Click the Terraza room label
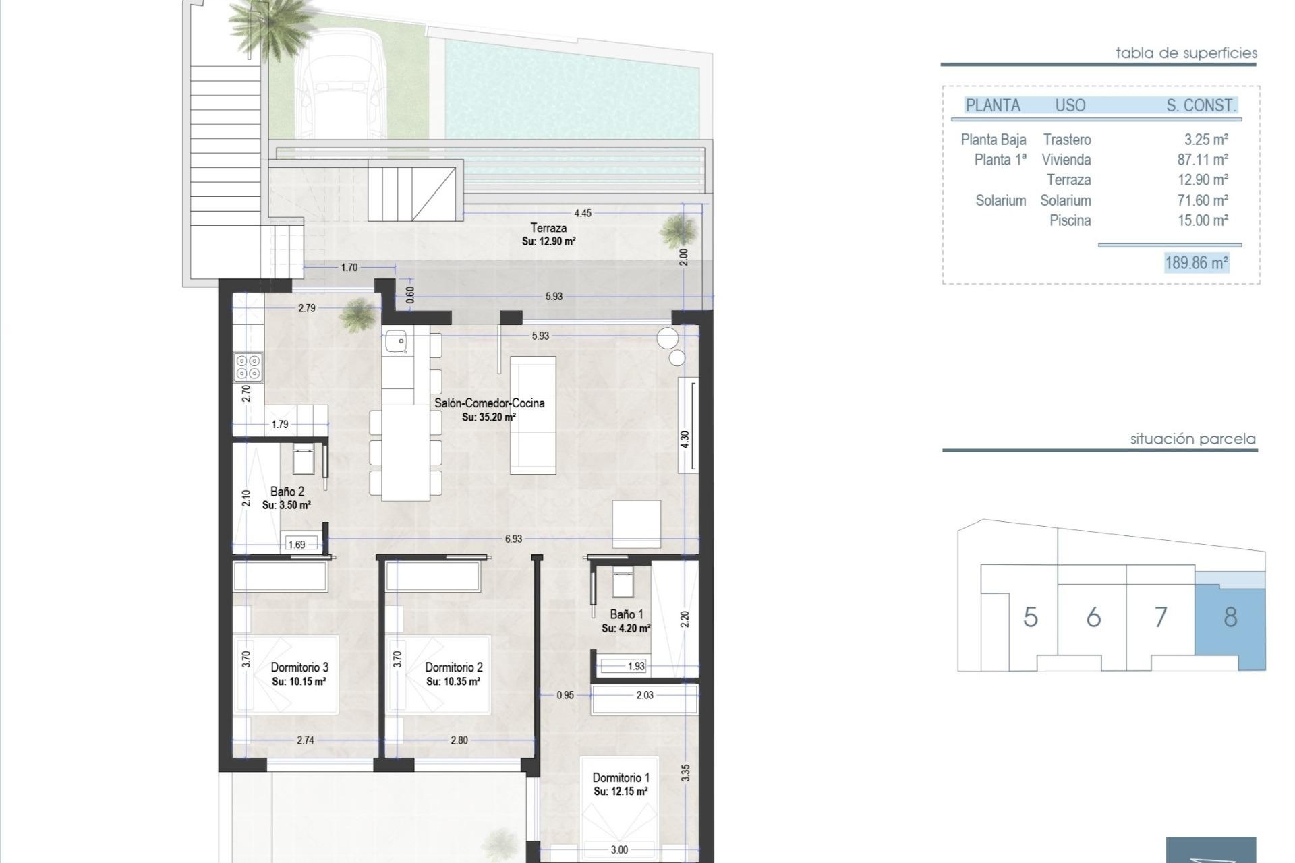pyautogui.click(x=548, y=228)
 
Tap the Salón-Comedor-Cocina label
pyautogui.click(x=489, y=403)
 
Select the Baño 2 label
pyautogui.click(x=287, y=492)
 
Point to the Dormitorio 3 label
pyautogui.click(x=299, y=667)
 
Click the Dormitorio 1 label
pyautogui.click(x=621, y=778)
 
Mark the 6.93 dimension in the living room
pyautogui.click(x=513, y=539)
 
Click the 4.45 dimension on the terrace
pyautogui.click(x=583, y=213)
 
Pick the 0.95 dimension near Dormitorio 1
pyautogui.click(x=565, y=695)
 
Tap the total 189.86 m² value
pyautogui.click(x=1197, y=262)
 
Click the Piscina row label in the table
pyautogui.click(x=1070, y=220)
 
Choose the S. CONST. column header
pyautogui.click(x=1201, y=105)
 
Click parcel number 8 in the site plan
pyautogui.click(x=1230, y=617)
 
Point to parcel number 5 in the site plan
pyautogui.click(x=1030, y=617)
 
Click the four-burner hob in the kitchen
pyautogui.click(x=248, y=367)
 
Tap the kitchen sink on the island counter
pyautogui.click(x=396, y=342)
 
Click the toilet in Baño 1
pyautogui.click(x=622, y=583)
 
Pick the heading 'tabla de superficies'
pyautogui.click(x=1186, y=53)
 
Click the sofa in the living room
pyautogui.click(x=533, y=415)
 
